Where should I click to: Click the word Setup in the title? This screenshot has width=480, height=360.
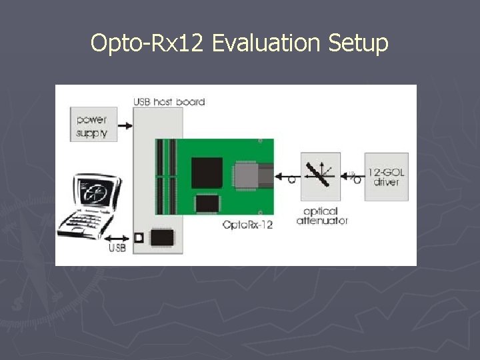click(x=358, y=43)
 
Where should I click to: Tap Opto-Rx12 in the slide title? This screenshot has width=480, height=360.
click(x=149, y=43)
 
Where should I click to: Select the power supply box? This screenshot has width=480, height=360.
click(x=93, y=124)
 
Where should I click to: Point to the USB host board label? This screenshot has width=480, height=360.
click(x=169, y=102)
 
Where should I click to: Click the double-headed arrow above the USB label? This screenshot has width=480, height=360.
click(x=119, y=237)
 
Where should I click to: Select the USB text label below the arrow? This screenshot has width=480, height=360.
click(x=117, y=249)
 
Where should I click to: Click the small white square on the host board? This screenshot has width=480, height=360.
click(x=139, y=238)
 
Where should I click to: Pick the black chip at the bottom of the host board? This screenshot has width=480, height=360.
click(x=163, y=237)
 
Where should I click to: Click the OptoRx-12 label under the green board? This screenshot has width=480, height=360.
click(x=247, y=225)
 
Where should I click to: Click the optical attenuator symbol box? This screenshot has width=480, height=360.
click(x=320, y=177)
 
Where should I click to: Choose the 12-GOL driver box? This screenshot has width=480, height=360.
click(x=386, y=177)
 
